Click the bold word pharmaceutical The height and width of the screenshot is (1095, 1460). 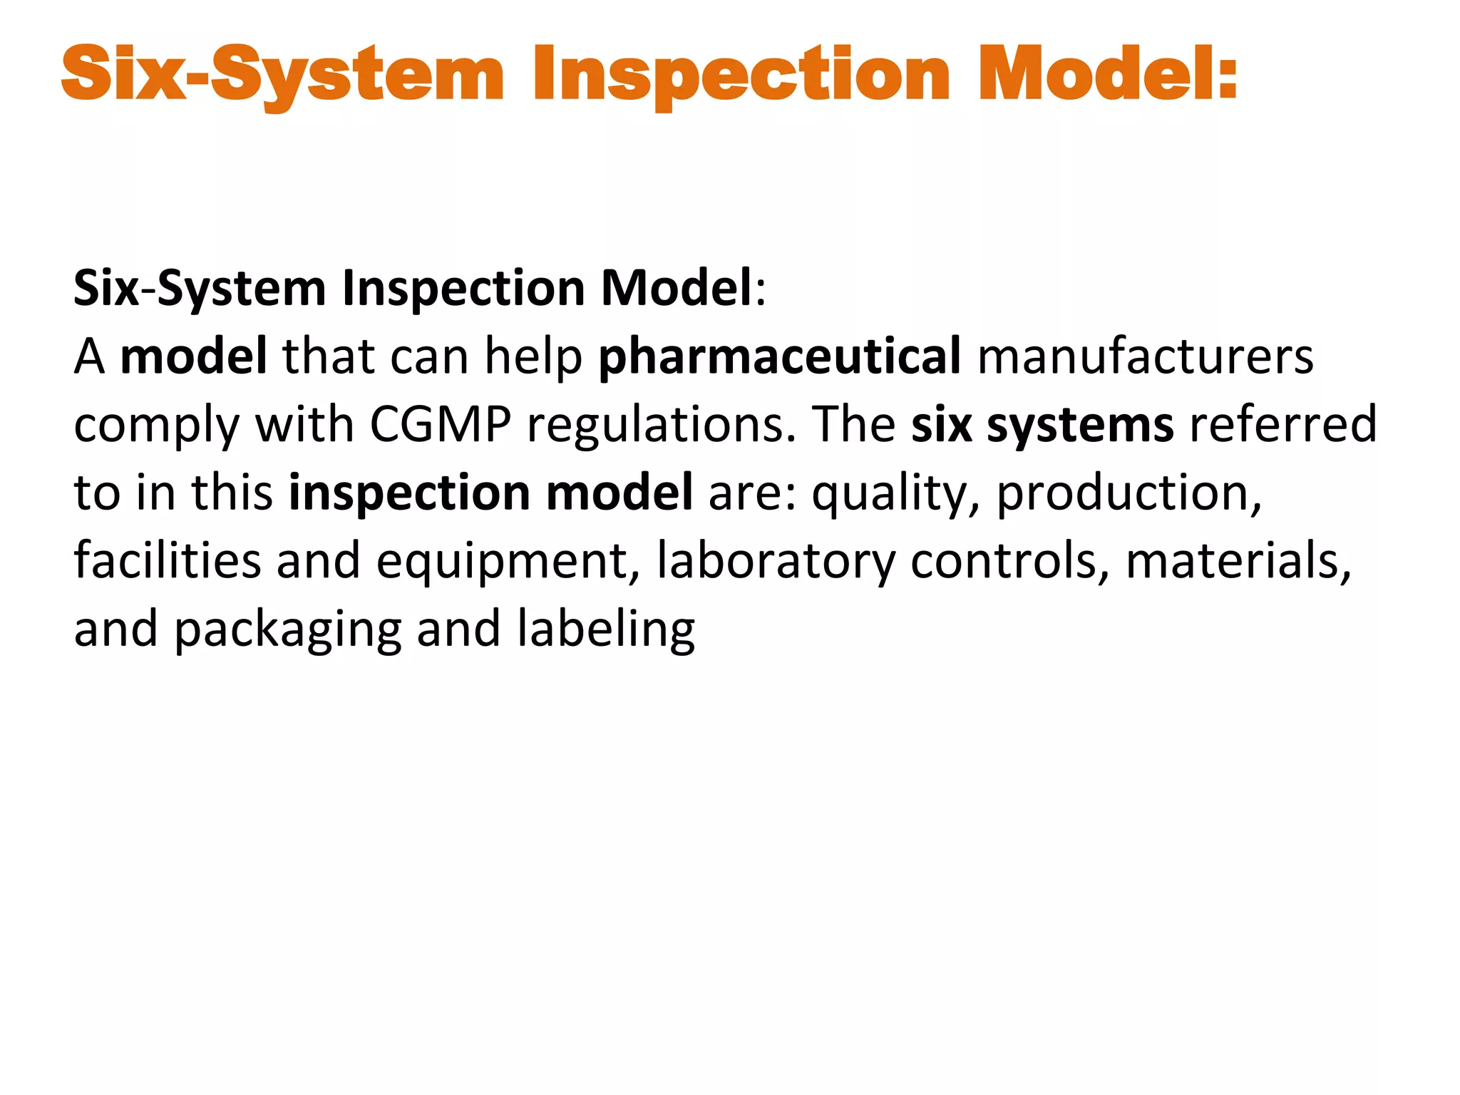[779, 356]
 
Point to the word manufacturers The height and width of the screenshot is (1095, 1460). [1145, 356]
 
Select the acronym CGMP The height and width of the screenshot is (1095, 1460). [440, 425]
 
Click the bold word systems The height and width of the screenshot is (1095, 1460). [1080, 426]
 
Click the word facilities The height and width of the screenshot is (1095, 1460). [168, 560]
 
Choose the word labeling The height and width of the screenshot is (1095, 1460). [606, 630]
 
